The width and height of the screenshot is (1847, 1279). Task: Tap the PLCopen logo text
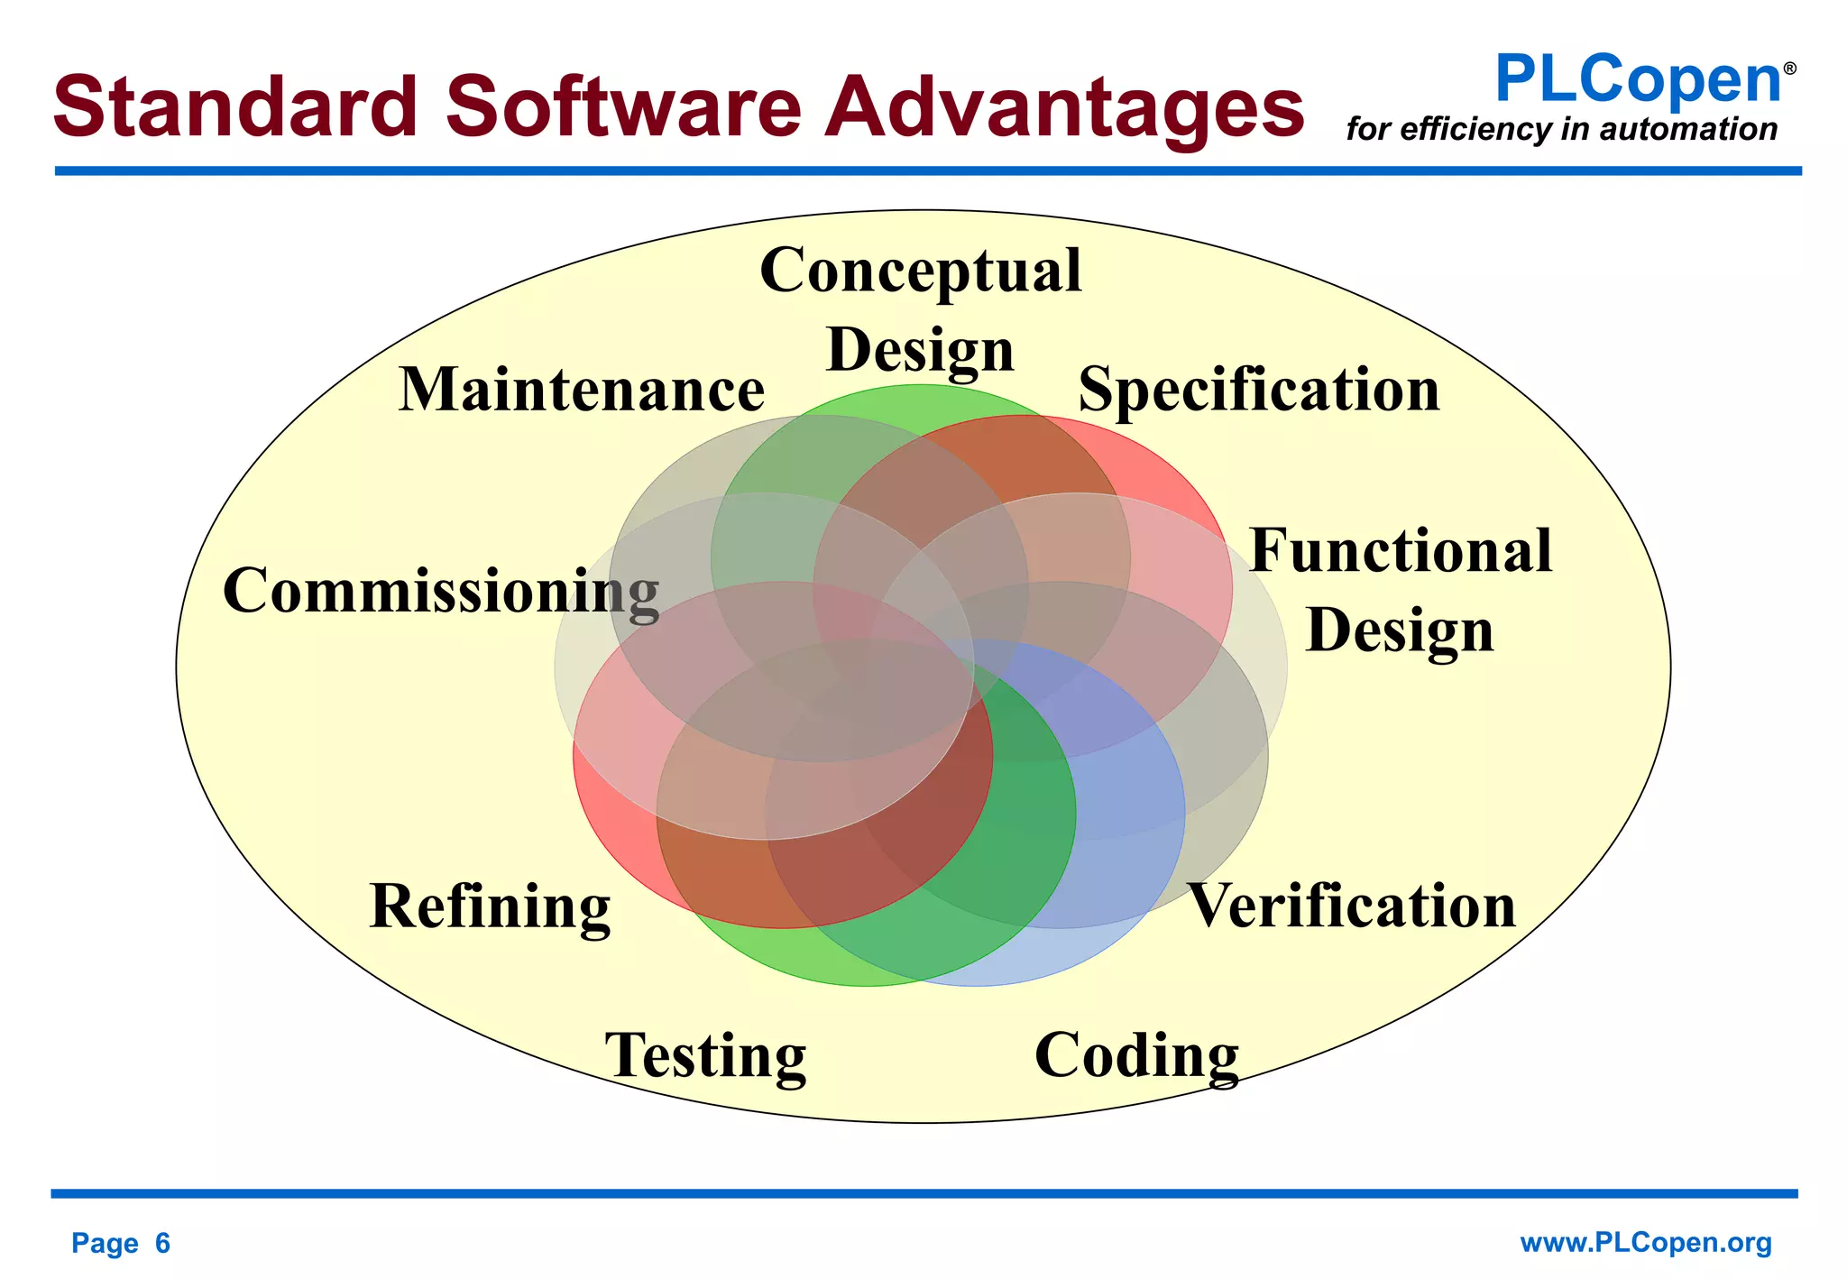pyautogui.click(x=1637, y=79)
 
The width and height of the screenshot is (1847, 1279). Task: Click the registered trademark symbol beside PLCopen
pyautogui.click(x=1790, y=69)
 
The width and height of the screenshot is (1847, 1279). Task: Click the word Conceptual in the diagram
pyautogui.click(x=921, y=270)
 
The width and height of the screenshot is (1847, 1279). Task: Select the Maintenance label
pyautogui.click(x=582, y=390)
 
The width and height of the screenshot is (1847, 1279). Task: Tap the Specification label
pyautogui.click(x=1259, y=390)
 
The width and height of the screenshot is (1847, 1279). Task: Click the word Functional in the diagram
pyautogui.click(x=1401, y=550)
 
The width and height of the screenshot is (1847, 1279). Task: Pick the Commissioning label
pyautogui.click(x=441, y=591)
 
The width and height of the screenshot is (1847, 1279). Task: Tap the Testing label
pyautogui.click(x=705, y=1055)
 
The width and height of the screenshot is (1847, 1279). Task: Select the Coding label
pyautogui.click(x=1136, y=1055)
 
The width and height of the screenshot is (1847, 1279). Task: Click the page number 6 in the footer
pyautogui.click(x=162, y=1244)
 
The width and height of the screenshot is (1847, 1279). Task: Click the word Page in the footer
pyautogui.click(x=105, y=1244)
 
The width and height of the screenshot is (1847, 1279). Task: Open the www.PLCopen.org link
pyautogui.click(x=1646, y=1243)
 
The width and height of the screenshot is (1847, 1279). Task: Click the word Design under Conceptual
pyautogui.click(x=921, y=350)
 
